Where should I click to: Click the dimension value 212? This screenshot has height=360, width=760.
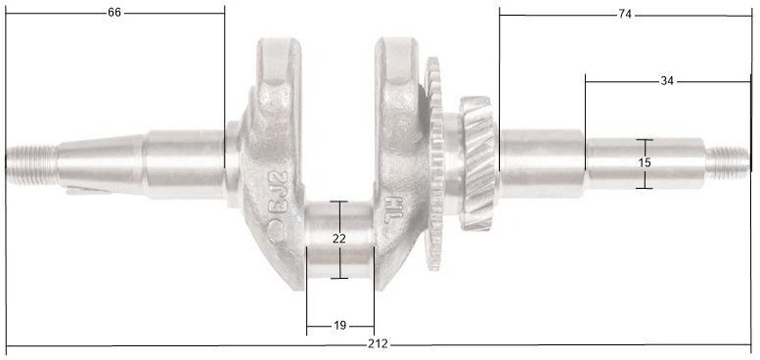pyautogui.click(x=380, y=344)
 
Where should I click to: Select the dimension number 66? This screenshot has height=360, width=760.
pyautogui.click(x=115, y=14)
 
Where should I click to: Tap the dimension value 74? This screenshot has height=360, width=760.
pyautogui.click(x=625, y=15)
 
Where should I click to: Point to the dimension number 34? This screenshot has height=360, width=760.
pyautogui.click(x=667, y=81)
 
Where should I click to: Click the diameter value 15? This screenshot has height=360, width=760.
pyautogui.click(x=644, y=162)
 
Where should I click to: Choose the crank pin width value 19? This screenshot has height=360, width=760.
pyautogui.click(x=339, y=326)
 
